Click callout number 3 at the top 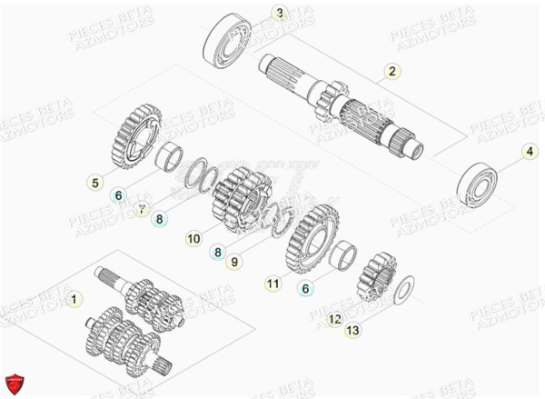tap(254, 14)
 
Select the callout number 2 tap(391, 70)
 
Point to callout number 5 tap(94, 183)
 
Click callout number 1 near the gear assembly tap(74, 297)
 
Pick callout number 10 tap(193, 239)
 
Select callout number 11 tap(272, 284)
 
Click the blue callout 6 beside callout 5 tap(117, 195)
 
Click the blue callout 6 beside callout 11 tap(305, 289)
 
